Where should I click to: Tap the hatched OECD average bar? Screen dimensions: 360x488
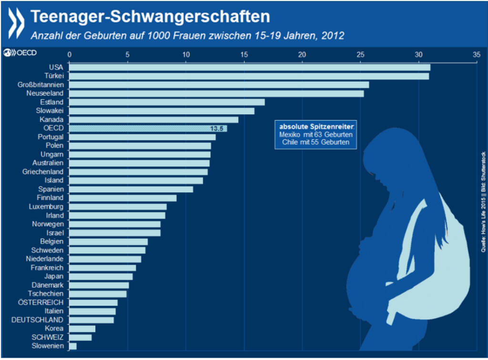pyautogui.click(x=148, y=129)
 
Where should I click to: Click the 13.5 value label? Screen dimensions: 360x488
pyautogui.click(x=217, y=129)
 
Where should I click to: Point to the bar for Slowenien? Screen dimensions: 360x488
pyautogui.click(x=73, y=346)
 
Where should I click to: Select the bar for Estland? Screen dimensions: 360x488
pyautogui.click(x=167, y=102)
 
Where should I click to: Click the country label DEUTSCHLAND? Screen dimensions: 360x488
pyautogui.click(x=37, y=320)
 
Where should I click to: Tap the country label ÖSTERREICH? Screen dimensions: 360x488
pyautogui.click(x=41, y=302)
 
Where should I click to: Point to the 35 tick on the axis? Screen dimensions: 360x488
pyautogui.click(x=476, y=55)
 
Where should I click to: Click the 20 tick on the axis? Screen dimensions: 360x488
pyautogui.click(x=302, y=55)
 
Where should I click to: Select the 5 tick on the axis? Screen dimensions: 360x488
pyautogui.click(x=127, y=55)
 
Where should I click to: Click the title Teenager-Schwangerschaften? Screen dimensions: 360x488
pyautogui.click(x=150, y=17)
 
